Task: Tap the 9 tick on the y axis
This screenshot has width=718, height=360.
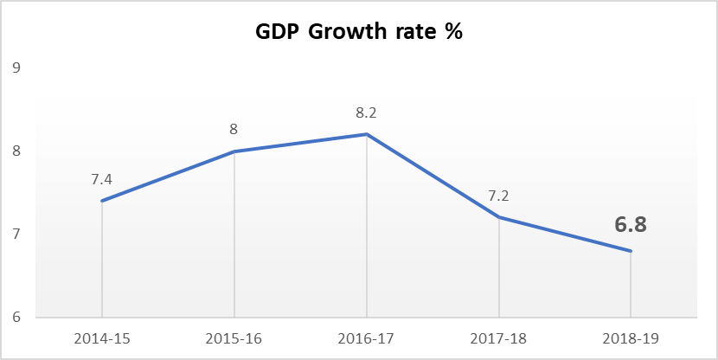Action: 16,68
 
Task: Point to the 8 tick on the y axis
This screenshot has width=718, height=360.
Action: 16,151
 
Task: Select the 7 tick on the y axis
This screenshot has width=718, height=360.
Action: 16,235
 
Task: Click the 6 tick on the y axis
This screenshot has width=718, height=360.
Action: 16,318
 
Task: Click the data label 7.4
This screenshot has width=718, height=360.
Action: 102,179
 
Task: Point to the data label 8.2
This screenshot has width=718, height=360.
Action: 367,112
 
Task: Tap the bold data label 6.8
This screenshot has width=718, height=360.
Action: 631,225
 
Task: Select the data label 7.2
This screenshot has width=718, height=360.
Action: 499,196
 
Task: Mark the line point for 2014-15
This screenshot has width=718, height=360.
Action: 102,201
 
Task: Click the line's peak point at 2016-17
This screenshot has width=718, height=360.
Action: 367,134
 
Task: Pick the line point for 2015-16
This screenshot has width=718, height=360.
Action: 234,151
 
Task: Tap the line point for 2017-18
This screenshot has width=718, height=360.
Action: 499,217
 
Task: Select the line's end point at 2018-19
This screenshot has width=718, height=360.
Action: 631,251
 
